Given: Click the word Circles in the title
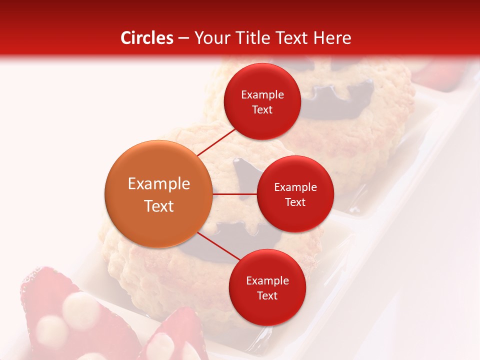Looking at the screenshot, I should click(x=147, y=38).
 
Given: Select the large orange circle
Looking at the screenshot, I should click(x=158, y=194).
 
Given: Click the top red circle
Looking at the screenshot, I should click(x=262, y=102).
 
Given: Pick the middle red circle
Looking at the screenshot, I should click(x=295, y=194).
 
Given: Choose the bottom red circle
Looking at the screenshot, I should click(x=267, y=287).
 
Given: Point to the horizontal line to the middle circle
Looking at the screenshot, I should click(x=234, y=194).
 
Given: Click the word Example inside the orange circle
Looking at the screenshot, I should click(x=159, y=183).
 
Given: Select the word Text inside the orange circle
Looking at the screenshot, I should click(x=159, y=206).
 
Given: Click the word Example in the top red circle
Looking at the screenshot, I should click(x=262, y=94).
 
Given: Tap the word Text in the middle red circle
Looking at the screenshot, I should click(x=295, y=202).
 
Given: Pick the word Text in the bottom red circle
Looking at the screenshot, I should click(x=267, y=295).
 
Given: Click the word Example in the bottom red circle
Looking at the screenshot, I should click(x=267, y=280).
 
